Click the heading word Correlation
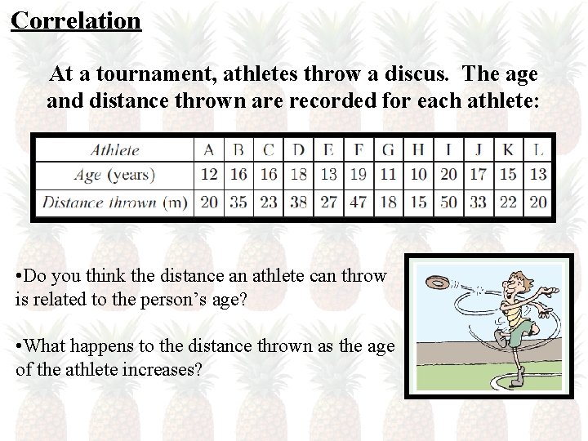pos(76,20)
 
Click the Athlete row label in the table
pos(114,149)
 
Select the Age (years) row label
pos(114,175)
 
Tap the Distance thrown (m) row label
pos(114,202)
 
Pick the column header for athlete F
pos(358,149)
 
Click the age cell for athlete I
pos(448,175)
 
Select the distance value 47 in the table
pos(358,202)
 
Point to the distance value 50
pos(448,202)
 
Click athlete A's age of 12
pos(209,175)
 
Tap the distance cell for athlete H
pos(418,202)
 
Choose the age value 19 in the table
pos(358,175)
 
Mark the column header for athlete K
pos(508,149)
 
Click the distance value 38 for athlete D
pos(298,202)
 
